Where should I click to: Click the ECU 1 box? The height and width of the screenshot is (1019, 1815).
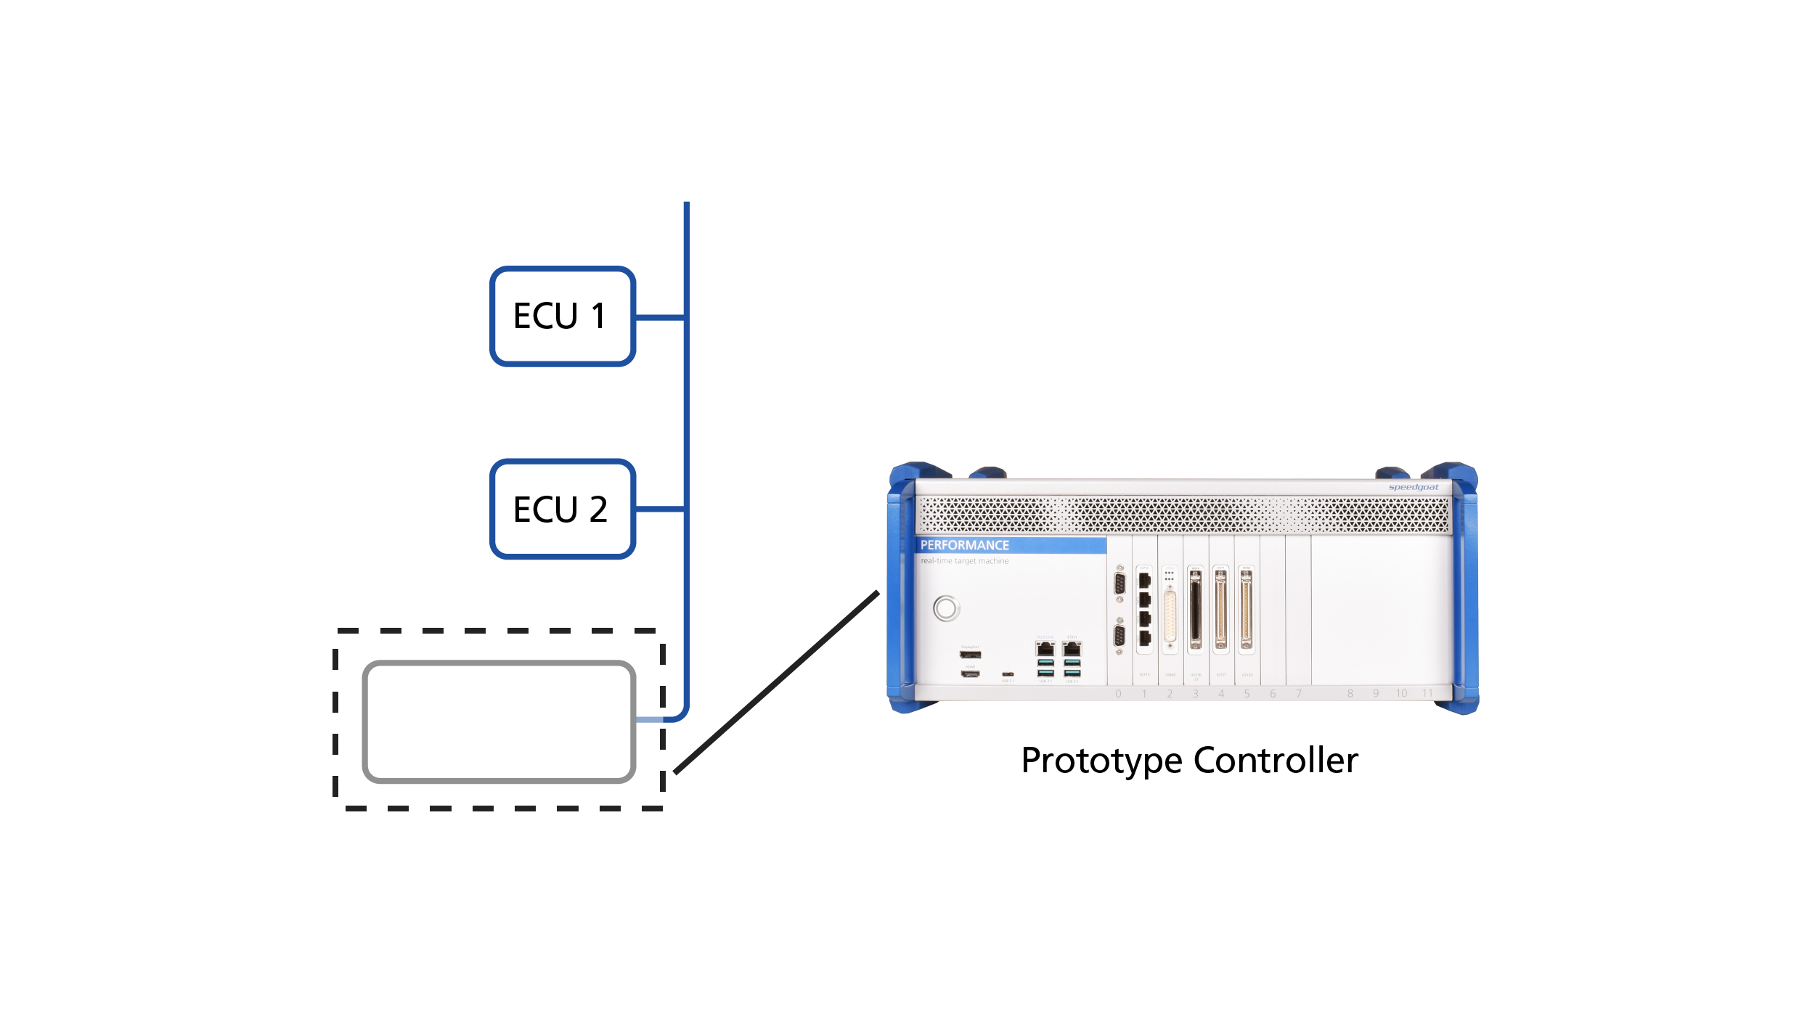click(x=562, y=316)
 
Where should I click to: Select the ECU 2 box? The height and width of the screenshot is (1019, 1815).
click(x=562, y=509)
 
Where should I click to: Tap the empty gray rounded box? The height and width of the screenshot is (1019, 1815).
click(x=499, y=721)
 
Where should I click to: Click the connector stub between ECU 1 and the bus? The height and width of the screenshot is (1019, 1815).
click(x=660, y=317)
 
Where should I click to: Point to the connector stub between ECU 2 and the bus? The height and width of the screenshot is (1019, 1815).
click(x=660, y=509)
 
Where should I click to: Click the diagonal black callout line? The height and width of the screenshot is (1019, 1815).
click(x=776, y=682)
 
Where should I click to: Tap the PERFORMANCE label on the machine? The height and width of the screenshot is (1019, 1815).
click(x=964, y=545)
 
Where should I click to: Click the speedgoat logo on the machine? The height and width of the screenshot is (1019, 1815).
click(x=1413, y=487)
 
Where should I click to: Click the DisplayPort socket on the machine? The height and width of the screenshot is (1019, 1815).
click(x=970, y=655)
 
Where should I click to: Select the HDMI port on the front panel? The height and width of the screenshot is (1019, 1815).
click(x=970, y=674)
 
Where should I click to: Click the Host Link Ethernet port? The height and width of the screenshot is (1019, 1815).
click(x=1045, y=648)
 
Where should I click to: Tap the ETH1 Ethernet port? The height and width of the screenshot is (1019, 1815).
click(x=1072, y=648)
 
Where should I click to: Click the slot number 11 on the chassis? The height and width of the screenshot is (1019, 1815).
click(x=1427, y=694)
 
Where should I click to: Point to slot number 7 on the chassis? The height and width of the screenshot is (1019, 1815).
click(x=1298, y=694)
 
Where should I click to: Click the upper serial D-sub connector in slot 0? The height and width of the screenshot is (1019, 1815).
click(x=1119, y=584)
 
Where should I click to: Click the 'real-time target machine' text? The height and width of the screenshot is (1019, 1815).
click(x=964, y=561)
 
